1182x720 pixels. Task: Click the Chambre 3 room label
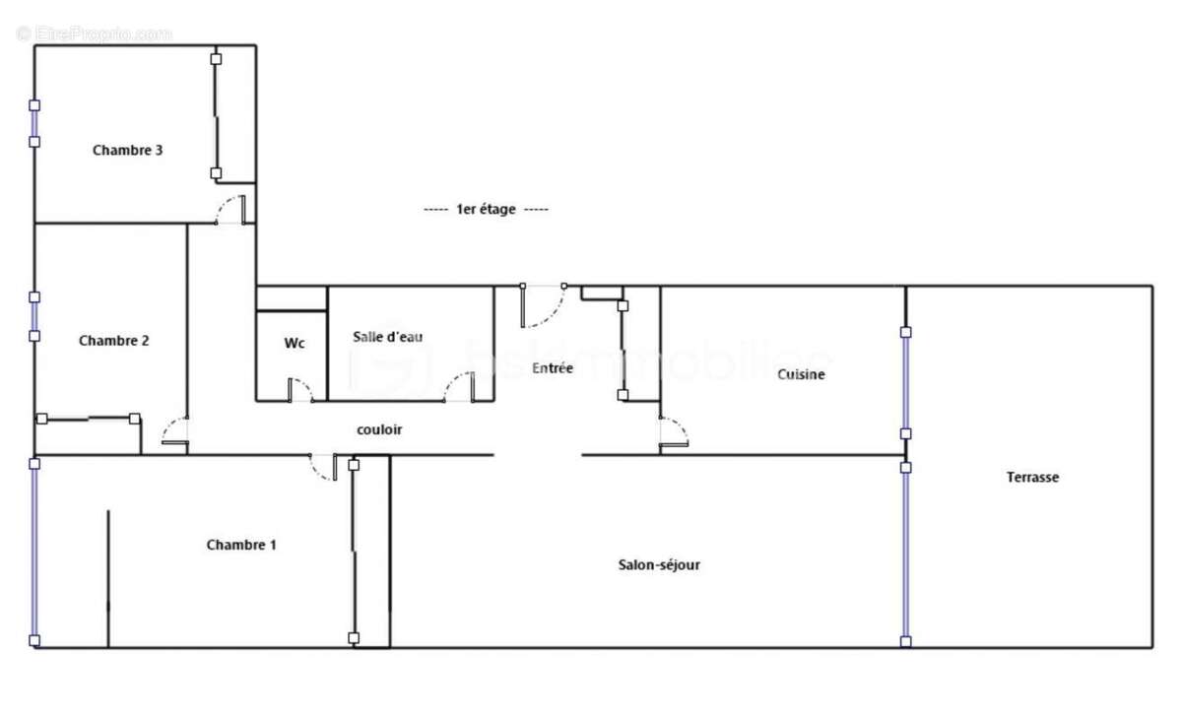[x=127, y=151]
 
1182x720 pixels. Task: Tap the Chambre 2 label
[x=114, y=341]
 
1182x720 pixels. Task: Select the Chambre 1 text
[x=241, y=545]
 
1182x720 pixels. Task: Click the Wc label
[x=295, y=344]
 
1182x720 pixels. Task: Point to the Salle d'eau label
[x=388, y=337]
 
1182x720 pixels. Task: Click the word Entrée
[x=553, y=368]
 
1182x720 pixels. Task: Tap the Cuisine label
[x=801, y=374]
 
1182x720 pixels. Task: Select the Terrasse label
[x=1032, y=477]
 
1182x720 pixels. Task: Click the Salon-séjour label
[x=659, y=565]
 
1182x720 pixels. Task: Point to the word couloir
[x=379, y=430]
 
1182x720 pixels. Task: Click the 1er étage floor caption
[x=486, y=210]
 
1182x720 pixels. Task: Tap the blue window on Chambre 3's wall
[x=34, y=123]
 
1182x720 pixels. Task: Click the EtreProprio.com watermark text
[x=95, y=33]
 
